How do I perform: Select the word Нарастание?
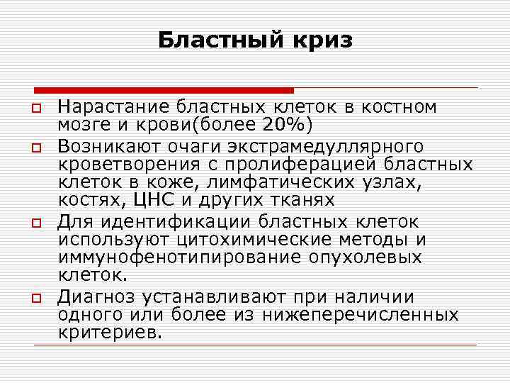113,107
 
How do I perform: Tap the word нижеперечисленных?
360,315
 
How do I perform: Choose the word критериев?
110,333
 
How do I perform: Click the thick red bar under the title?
164,89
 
